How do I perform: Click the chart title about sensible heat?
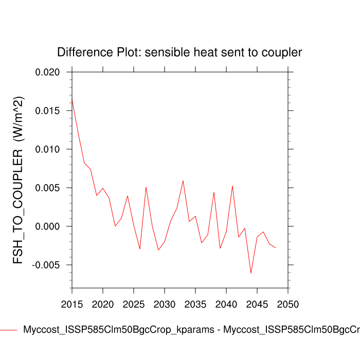point(179,52)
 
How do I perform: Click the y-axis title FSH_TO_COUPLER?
point(19,180)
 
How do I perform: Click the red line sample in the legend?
point(9,330)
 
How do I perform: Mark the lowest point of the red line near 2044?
point(251,273)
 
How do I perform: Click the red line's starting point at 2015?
point(72,98)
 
